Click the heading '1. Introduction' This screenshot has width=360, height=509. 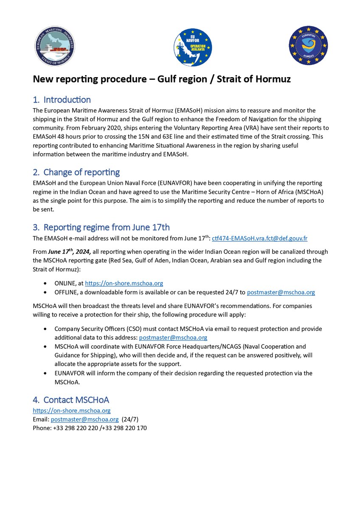click(x=62, y=100)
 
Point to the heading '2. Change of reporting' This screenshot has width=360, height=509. click(x=76, y=172)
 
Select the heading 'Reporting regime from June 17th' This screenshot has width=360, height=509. click(x=106, y=227)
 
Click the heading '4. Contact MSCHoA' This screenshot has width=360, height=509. click(x=71, y=400)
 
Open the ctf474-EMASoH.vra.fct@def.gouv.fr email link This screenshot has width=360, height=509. click(x=262, y=238)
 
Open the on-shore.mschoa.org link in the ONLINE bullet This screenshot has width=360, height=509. click(x=124, y=283)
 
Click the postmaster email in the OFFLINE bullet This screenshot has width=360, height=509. click(x=281, y=292)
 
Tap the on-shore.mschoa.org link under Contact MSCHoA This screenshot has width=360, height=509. click(x=72, y=411)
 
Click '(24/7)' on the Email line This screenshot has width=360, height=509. click(x=130, y=420)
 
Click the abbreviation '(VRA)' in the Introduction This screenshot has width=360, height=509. click(x=244, y=128)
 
